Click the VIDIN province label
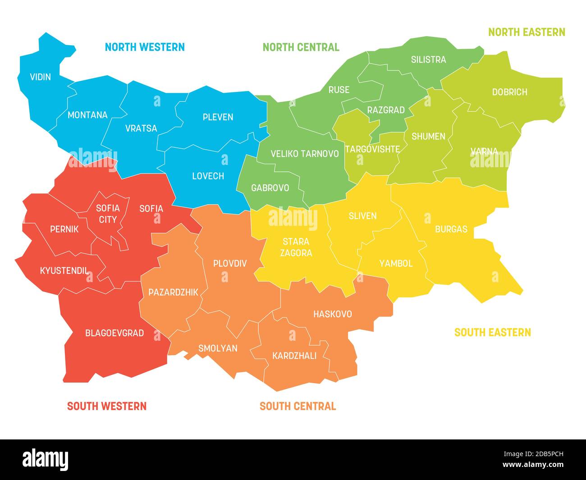click(x=40, y=77)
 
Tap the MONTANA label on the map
click(x=87, y=115)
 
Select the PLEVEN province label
click(x=218, y=117)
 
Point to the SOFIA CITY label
click(x=108, y=214)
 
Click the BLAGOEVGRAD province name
click(x=114, y=333)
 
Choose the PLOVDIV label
click(x=230, y=263)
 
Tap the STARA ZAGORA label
click(x=296, y=247)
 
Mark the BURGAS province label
click(x=451, y=229)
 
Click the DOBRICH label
click(x=509, y=92)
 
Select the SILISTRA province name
click(x=428, y=59)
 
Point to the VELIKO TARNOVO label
click(x=304, y=154)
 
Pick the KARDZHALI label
click(x=294, y=356)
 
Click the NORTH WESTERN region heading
click(x=145, y=47)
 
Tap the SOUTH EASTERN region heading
click(x=492, y=333)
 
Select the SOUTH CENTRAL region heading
click(x=298, y=406)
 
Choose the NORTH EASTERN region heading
click(x=526, y=32)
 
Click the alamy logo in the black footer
click(x=46, y=459)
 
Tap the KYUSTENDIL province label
click(x=64, y=270)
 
